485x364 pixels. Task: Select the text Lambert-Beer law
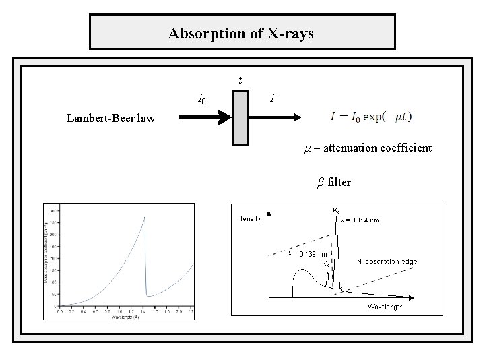(110, 119)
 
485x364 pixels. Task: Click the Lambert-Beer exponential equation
(372, 116)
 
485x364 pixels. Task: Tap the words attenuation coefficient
(378, 147)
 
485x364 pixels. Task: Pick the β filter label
(334, 182)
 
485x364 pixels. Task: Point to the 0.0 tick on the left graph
(60, 311)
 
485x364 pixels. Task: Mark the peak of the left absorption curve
(145, 217)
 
